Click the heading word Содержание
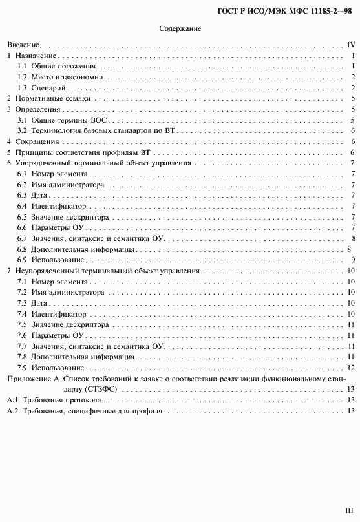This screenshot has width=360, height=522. pyautogui.click(x=180, y=29)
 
